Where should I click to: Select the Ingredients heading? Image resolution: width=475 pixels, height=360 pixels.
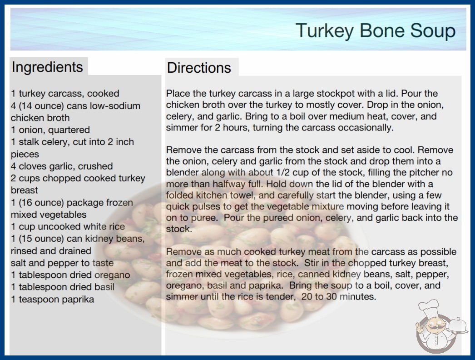47,67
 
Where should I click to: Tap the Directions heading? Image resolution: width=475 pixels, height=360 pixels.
199,68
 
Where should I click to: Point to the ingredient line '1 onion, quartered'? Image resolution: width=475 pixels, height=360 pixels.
50,130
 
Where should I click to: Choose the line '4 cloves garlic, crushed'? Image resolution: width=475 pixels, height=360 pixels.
62,166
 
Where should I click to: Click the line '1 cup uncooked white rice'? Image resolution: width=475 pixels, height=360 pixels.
68,226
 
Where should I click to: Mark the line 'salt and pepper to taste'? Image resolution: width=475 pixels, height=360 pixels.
62,263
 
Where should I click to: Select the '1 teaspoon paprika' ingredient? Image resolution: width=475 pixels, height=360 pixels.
52,300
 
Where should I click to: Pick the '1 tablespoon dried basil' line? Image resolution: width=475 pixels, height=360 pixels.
63,287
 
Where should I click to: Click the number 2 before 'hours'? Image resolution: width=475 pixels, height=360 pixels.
218,127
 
